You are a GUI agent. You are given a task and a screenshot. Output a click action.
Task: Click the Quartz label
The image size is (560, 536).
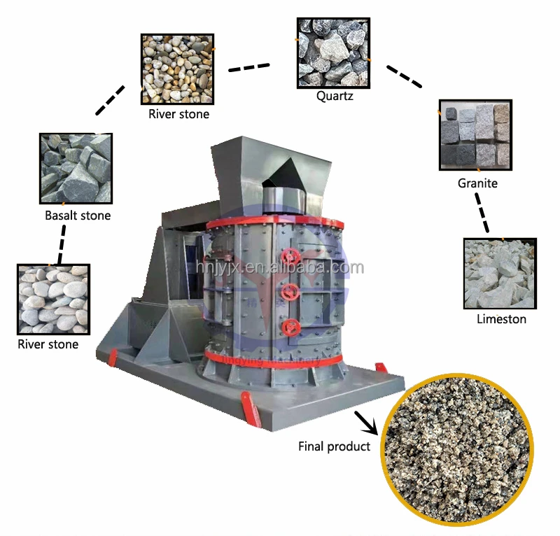click(x=334, y=96)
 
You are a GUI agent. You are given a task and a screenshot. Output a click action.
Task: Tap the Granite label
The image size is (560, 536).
click(x=477, y=183)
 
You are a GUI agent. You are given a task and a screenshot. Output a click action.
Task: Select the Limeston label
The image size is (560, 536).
click(x=501, y=319)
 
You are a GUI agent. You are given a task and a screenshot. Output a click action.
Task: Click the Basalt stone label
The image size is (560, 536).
click(x=78, y=216)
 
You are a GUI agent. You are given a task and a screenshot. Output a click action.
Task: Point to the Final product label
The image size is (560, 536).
click(x=334, y=446)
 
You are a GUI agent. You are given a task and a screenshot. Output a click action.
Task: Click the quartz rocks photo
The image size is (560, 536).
click(x=333, y=52)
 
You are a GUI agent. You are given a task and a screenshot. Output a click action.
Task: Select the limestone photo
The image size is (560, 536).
click(x=500, y=274)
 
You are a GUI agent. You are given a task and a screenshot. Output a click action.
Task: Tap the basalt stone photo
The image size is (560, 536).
click(x=76, y=169)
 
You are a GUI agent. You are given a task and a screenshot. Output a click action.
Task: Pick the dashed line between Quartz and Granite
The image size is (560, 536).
click(x=405, y=76)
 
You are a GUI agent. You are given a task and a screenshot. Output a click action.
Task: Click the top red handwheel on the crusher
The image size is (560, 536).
click(x=291, y=257)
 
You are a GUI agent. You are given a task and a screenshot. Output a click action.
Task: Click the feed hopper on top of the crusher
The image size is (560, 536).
click(x=269, y=168)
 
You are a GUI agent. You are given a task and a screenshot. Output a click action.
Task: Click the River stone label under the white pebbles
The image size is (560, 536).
click(x=48, y=344)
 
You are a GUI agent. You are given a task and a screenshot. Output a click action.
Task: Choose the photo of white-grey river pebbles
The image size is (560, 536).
click(x=53, y=299)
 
